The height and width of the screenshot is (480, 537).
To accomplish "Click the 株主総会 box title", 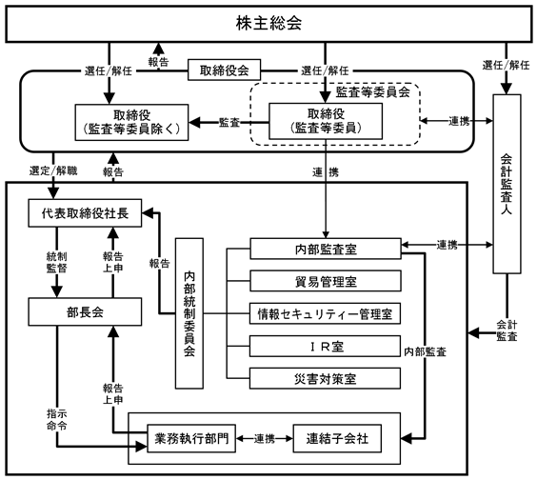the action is [268, 23].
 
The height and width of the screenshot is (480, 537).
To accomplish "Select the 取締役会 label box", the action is [225, 70].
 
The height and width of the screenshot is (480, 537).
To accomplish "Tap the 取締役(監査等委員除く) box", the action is [131, 122].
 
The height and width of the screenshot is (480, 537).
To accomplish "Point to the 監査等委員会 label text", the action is [373, 92].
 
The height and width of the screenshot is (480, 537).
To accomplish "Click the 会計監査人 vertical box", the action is [507, 184].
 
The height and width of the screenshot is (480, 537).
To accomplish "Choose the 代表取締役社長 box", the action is [85, 212].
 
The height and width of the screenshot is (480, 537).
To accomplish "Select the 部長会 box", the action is [85, 311].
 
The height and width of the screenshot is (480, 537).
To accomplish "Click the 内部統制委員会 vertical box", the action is [189, 313].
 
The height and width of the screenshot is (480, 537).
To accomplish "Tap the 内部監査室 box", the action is [326, 249].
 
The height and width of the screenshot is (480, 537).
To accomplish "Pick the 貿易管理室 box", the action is [326, 281].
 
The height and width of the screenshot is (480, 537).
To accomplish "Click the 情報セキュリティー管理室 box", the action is [325, 313].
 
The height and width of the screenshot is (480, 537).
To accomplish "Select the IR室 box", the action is [325, 346].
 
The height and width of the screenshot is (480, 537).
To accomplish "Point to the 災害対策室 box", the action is [325, 378].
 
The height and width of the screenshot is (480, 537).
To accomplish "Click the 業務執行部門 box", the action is [191, 438].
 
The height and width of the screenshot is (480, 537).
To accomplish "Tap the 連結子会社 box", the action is [337, 438].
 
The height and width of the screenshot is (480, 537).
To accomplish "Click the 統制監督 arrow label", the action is [56, 262].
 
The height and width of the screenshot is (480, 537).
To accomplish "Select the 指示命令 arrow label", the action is [56, 420].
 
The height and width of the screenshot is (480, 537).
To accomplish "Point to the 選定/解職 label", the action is [53, 170].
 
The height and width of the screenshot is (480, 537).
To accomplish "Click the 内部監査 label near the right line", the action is [425, 351].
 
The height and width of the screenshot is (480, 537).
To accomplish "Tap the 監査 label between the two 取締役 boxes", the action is [229, 122].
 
